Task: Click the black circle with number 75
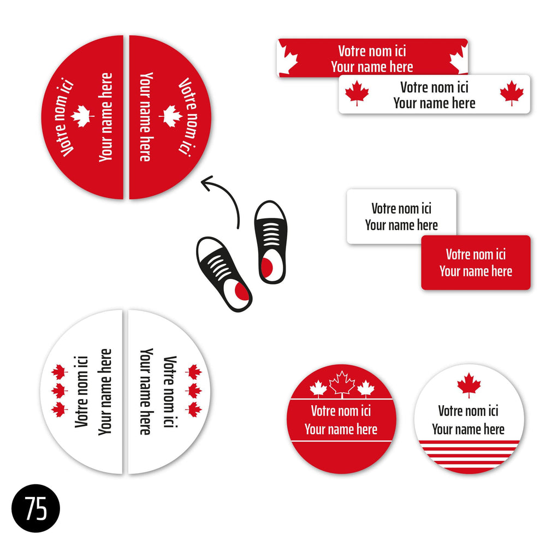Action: pos(35,508)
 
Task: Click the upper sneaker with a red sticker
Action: pos(271,242)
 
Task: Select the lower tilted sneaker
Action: pos(224,274)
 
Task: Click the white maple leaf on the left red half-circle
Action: pos(82,116)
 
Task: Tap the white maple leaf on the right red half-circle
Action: pos(170,116)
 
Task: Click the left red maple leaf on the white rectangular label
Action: pos(357,93)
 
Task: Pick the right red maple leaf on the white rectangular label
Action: pos(512,93)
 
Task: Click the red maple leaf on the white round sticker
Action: pos(468,385)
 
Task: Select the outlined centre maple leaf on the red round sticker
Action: pos(342,384)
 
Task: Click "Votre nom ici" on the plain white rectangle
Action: pos(401,209)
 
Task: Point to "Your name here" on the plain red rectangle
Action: pos(476,271)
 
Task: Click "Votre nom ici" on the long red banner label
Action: pos(372,51)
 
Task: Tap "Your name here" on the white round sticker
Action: pos(468,429)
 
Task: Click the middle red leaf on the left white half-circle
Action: pos(58,391)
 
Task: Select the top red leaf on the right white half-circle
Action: pos(194,372)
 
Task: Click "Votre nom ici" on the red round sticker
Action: pos(341,411)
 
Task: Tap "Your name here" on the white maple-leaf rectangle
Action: pos(434,103)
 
